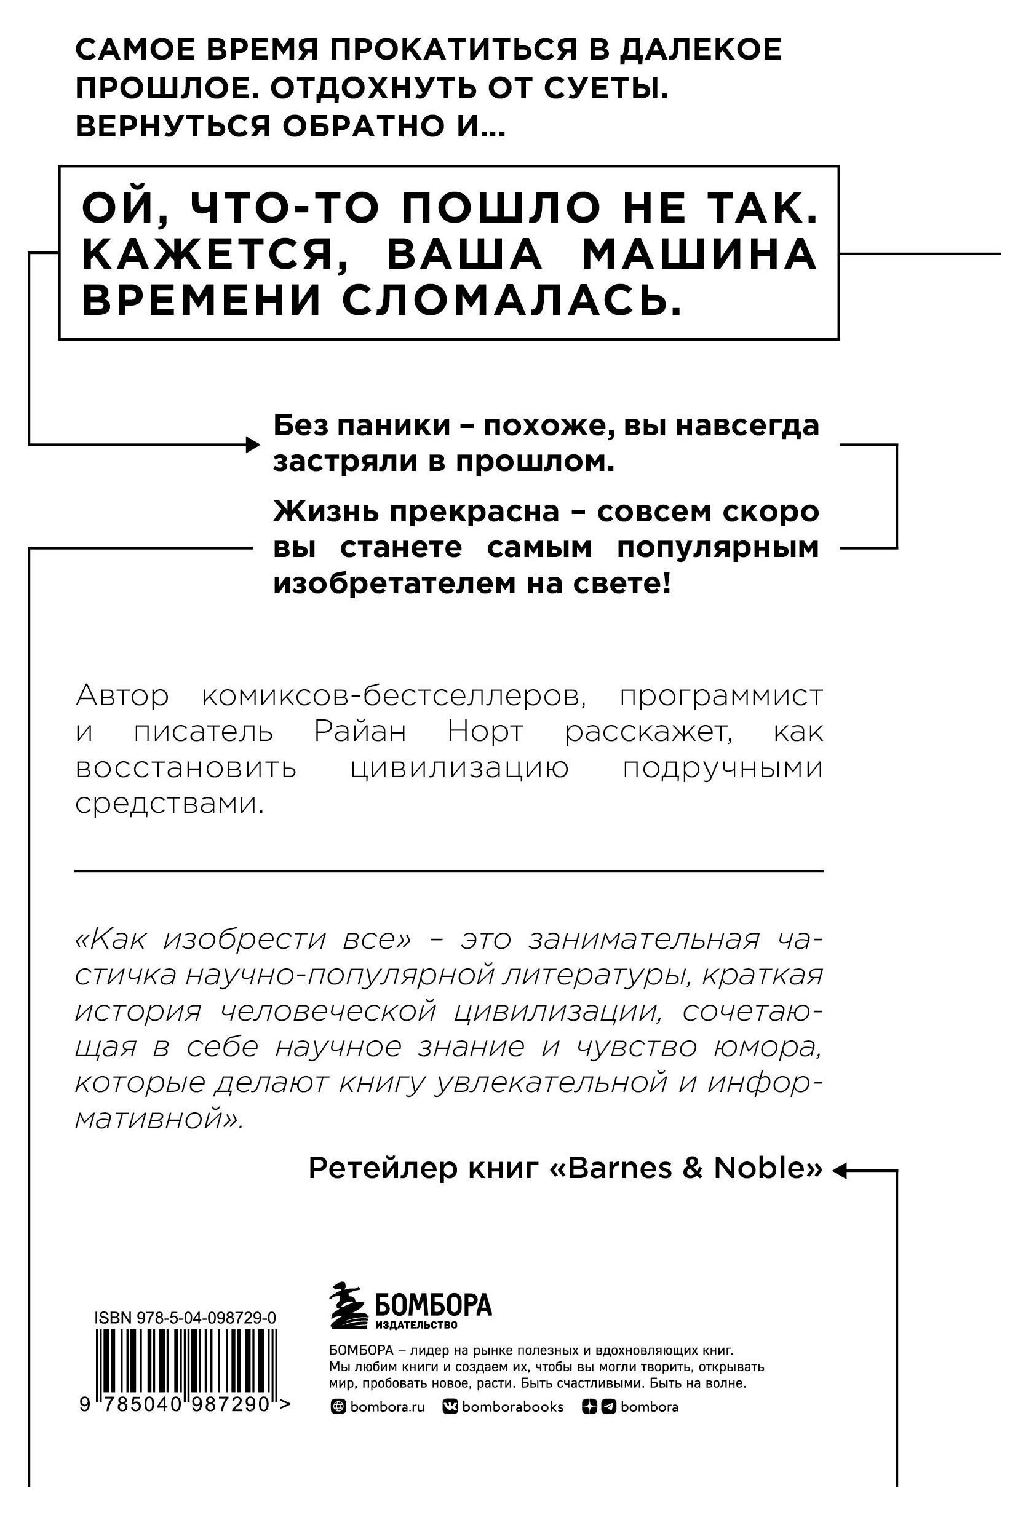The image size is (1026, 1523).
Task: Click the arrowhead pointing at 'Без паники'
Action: (x=253, y=445)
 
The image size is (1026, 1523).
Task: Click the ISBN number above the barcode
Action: (x=185, y=1318)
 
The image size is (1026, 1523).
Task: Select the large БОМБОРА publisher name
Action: (x=432, y=1305)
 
